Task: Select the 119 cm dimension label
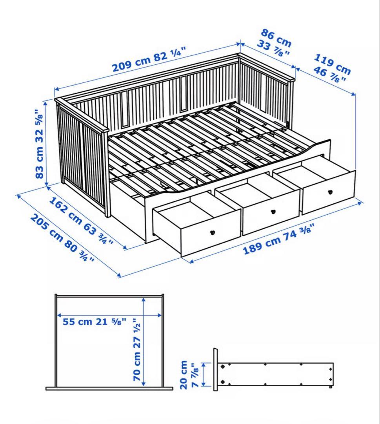[331, 69]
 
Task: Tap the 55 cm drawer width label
[95, 322]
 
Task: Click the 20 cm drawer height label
[191, 375]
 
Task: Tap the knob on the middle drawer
[273, 212]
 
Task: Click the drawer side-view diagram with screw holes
[275, 374]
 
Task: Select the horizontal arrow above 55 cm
[109, 315]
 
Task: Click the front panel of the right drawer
[327, 192]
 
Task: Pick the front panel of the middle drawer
[271, 214]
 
